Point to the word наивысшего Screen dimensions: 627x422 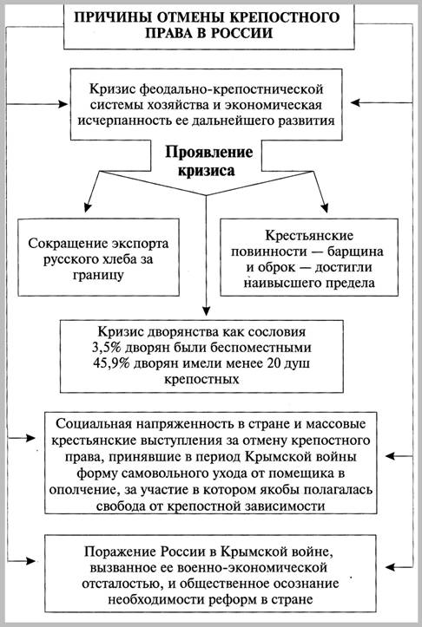pos(286,282)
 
